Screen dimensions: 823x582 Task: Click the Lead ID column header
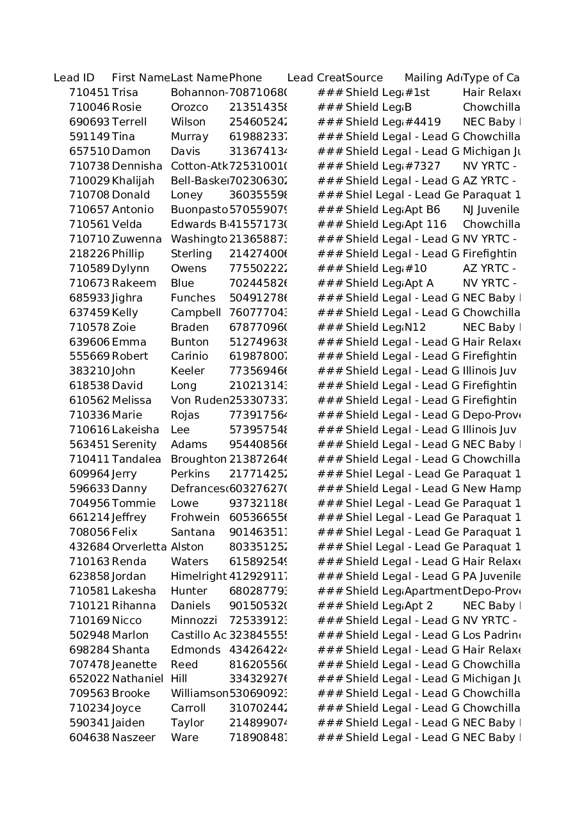(x=74, y=78)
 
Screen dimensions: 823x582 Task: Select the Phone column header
(x=245, y=78)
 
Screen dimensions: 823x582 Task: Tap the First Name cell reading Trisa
(x=125, y=93)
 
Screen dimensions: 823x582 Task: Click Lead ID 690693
(x=89, y=122)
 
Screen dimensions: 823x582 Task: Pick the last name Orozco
(x=189, y=108)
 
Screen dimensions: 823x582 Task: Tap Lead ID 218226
(x=89, y=254)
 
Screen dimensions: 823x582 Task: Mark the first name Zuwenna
(x=137, y=239)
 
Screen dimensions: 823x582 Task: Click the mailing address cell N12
(x=416, y=328)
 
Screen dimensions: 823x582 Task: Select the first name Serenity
(x=134, y=445)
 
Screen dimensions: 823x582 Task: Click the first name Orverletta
(x=139, y=547)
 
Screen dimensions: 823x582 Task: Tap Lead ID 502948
(x=89, y=635)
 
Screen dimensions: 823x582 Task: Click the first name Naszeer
(x=133, y=738)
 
